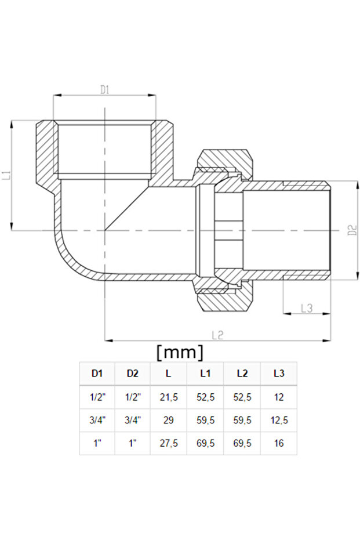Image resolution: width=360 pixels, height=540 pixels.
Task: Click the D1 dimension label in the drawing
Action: click(x=105, y=89)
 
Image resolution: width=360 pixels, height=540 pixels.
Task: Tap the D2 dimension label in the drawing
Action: click(x=352, y=230)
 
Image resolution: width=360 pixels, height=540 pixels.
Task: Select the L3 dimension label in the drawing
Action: click(x=307, y=308)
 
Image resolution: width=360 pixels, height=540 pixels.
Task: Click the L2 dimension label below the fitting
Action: click(x=217, y=335)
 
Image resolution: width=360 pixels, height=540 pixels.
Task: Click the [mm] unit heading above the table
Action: click(x=180, y=351)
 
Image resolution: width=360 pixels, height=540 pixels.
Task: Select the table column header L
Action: click(x=169, y=374)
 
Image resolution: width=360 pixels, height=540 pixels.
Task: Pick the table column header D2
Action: click(x=133, y=374)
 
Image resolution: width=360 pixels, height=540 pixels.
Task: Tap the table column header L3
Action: click(x=279, y=374)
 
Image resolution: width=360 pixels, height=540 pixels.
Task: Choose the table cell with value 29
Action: click(x=169, y=420)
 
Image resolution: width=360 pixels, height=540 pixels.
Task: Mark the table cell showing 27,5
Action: click(x=169, y=443)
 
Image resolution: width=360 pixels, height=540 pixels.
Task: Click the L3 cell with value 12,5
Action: click(x=279, y=420)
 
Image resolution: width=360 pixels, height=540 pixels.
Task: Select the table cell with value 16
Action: click(x=279, y=443)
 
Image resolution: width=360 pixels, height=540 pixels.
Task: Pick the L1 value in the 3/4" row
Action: click(x=205, y=420)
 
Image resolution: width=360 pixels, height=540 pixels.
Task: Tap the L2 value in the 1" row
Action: click(x=242, y=443)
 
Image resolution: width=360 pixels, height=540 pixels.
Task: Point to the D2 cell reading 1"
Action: click(x=133, y=443)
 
